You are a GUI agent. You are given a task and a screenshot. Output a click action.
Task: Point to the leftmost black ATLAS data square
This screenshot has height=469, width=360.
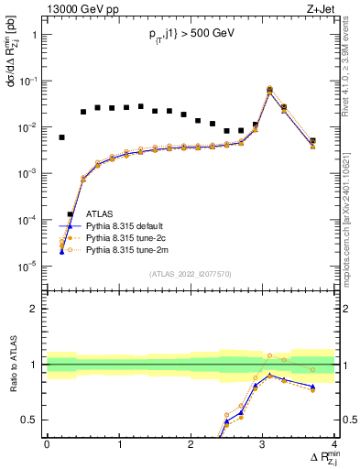(x=61, y=137)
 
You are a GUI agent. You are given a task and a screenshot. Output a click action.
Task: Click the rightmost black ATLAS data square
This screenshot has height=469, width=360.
(x=312, y=141)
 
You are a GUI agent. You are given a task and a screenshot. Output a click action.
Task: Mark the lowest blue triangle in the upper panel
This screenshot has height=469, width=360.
(x=61, y=251)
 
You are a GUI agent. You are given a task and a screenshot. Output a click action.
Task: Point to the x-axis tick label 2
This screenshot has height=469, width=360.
(x=191, y=445)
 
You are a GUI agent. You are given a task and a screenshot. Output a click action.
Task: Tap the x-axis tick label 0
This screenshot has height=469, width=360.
(x=47, y=445)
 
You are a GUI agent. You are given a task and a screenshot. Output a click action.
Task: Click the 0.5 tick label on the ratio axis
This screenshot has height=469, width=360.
(x=30, y=420)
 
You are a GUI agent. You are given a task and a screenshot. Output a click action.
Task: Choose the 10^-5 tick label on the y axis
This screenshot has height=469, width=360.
(x=27, y=267)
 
